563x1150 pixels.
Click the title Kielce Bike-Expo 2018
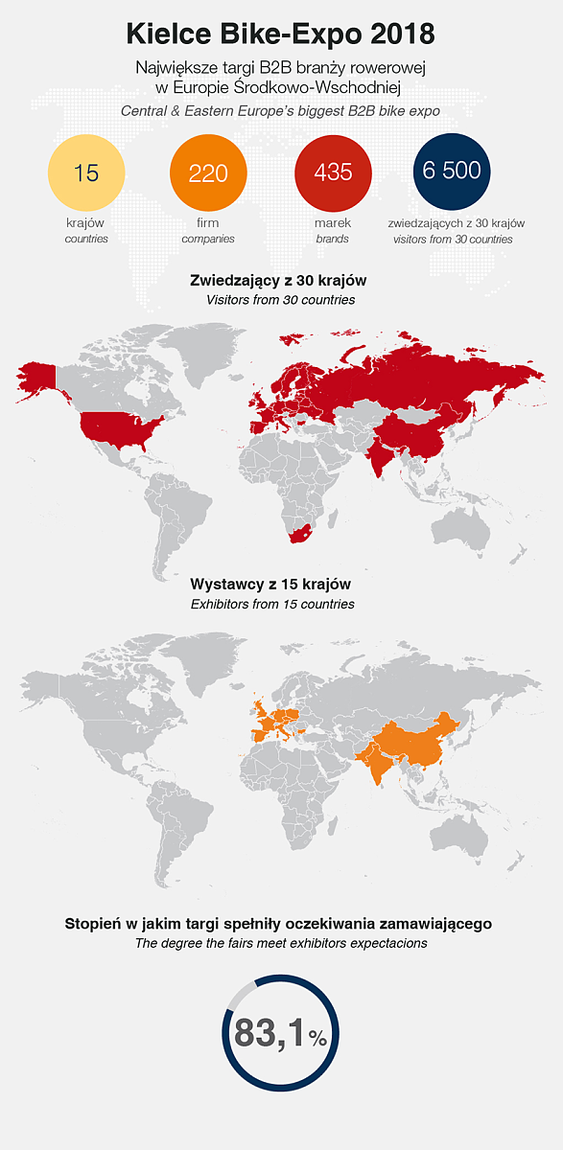pos(280,34)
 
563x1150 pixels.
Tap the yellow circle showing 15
pos(86,172)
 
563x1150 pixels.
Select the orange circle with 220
pos(208,172)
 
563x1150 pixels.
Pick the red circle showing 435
pos(333,172)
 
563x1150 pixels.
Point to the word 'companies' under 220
pos(208,239)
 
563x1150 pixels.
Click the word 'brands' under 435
pos(333,239)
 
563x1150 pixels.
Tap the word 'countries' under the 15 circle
pos(86,239)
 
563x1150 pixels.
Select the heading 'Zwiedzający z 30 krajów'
pos(279,281)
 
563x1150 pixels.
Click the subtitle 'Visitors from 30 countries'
pos(279,300)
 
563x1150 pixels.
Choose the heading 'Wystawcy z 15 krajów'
pos(271,584)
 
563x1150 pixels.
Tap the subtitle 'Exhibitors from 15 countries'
pos(272,604)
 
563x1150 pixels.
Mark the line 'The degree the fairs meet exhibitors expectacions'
pos(280,944)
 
